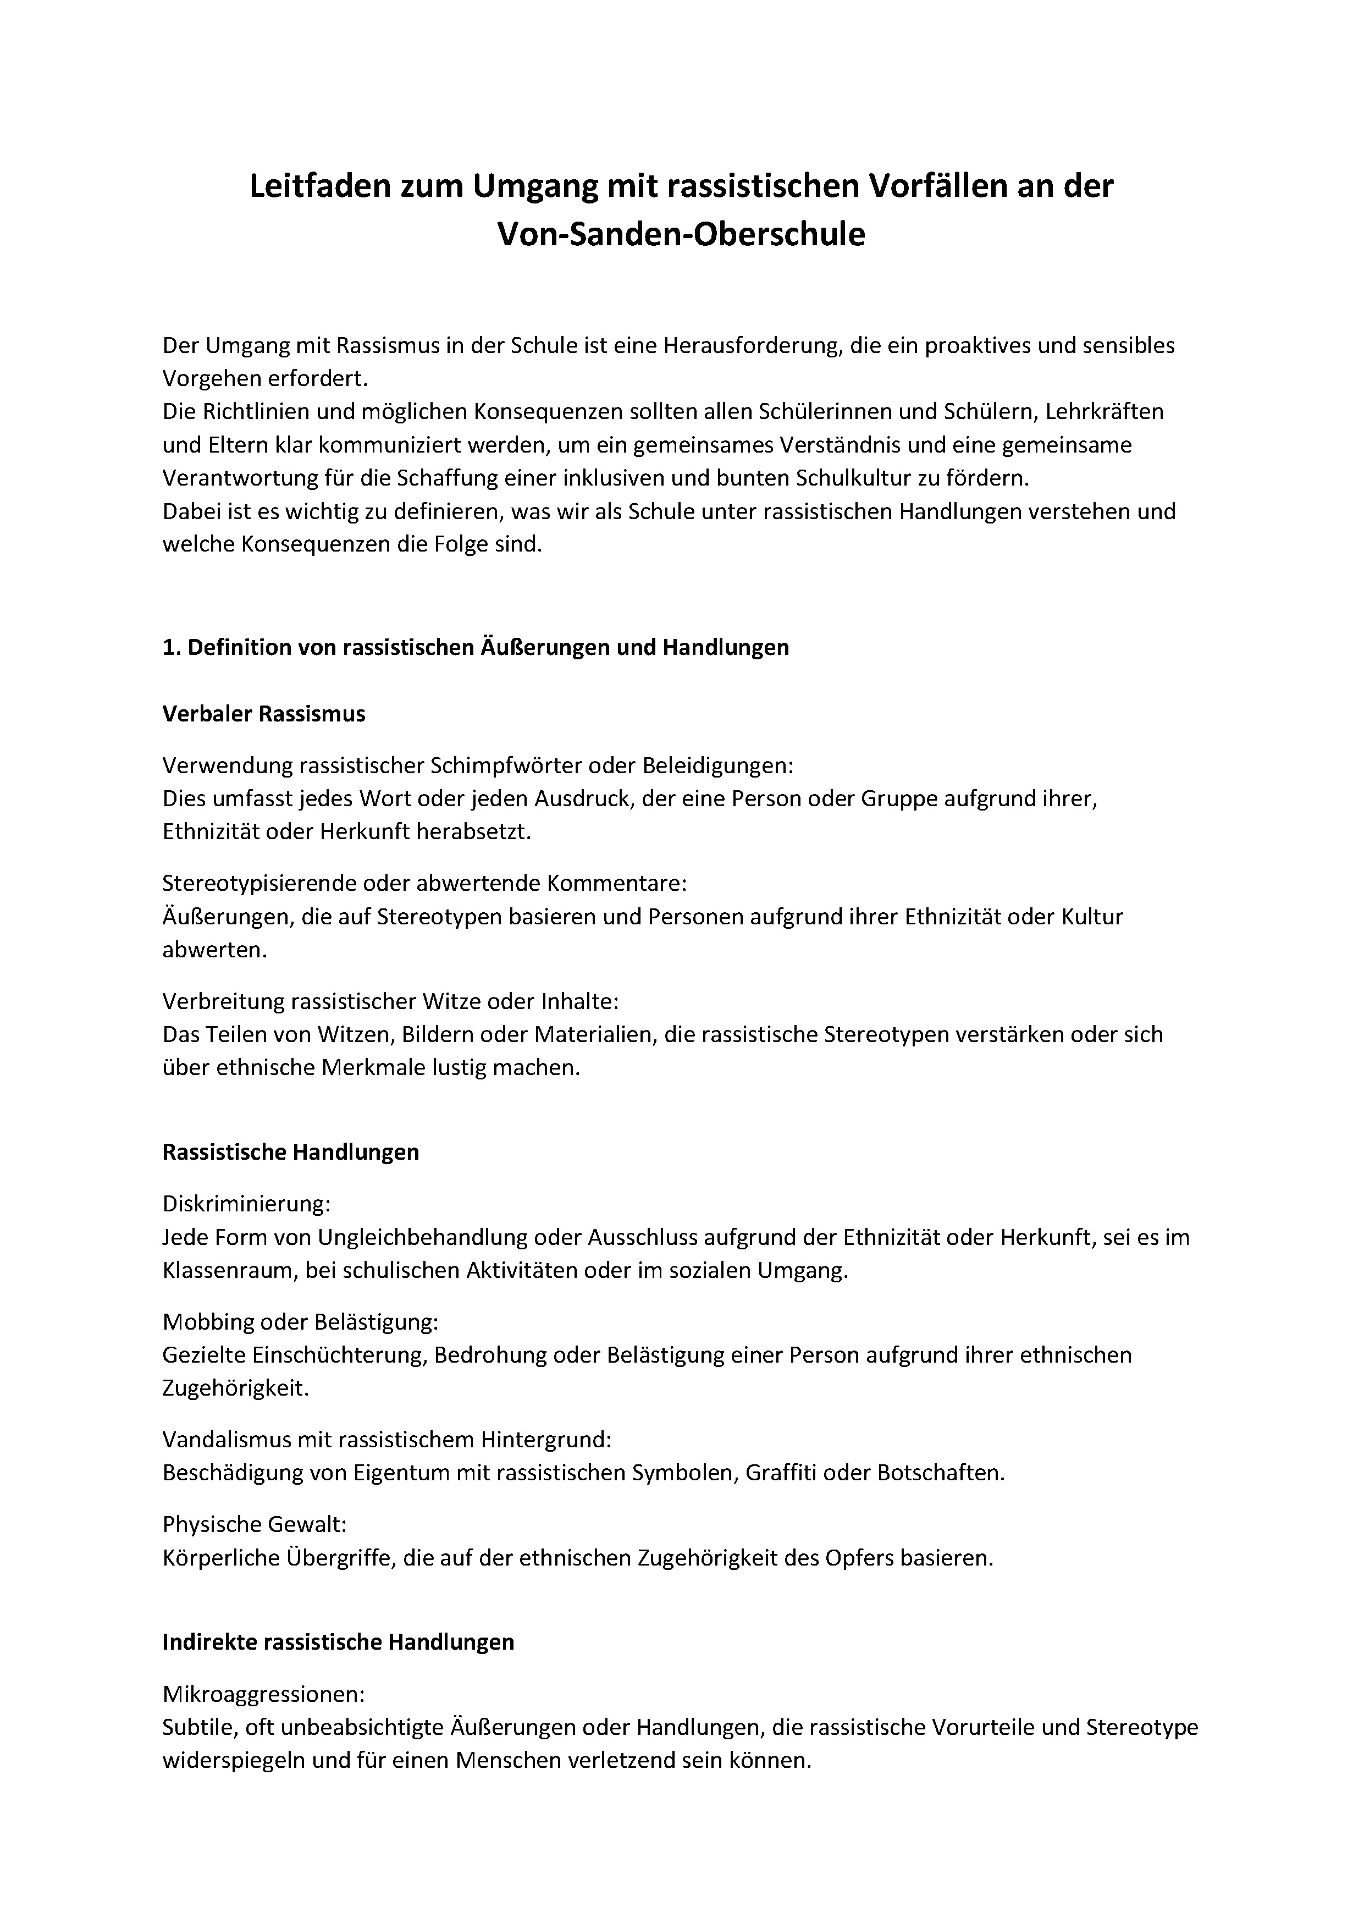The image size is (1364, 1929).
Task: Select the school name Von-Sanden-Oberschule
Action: pos(681,234)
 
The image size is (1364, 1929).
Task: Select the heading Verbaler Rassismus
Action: pos(264,714)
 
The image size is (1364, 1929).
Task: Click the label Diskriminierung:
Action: pos(246,1204)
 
